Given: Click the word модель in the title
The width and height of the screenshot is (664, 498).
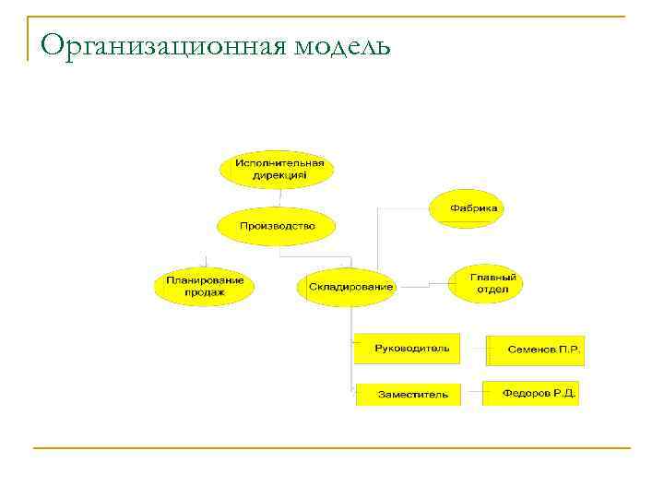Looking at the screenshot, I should point(343,46).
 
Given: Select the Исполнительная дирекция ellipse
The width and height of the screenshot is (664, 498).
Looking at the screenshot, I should point(277,169).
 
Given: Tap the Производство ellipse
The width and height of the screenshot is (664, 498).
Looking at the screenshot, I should point(277,226).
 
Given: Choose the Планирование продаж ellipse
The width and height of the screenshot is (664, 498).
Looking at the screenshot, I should point(204,285).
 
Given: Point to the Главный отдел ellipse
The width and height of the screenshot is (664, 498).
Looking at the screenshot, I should point(485,283).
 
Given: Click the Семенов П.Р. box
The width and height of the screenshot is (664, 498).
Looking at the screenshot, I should point(537,350).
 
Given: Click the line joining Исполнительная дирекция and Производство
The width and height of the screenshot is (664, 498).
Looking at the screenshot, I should point(278,197).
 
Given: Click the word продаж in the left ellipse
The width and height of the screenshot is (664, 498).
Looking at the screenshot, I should point(204,292).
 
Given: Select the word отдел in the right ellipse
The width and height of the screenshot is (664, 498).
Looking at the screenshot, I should point(486,290).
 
